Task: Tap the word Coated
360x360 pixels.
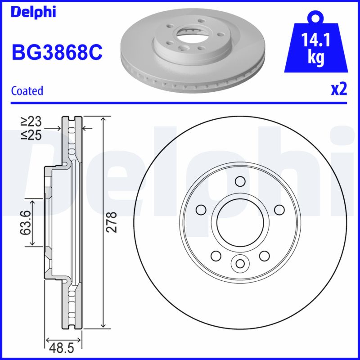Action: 27,91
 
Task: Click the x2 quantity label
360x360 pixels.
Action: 339,89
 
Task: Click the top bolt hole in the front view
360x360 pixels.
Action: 239,181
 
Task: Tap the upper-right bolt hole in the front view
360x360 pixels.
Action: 279,209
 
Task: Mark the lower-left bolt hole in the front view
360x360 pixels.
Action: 215,256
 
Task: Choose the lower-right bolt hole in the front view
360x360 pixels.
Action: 264,256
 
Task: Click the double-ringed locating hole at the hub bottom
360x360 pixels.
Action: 239,263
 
